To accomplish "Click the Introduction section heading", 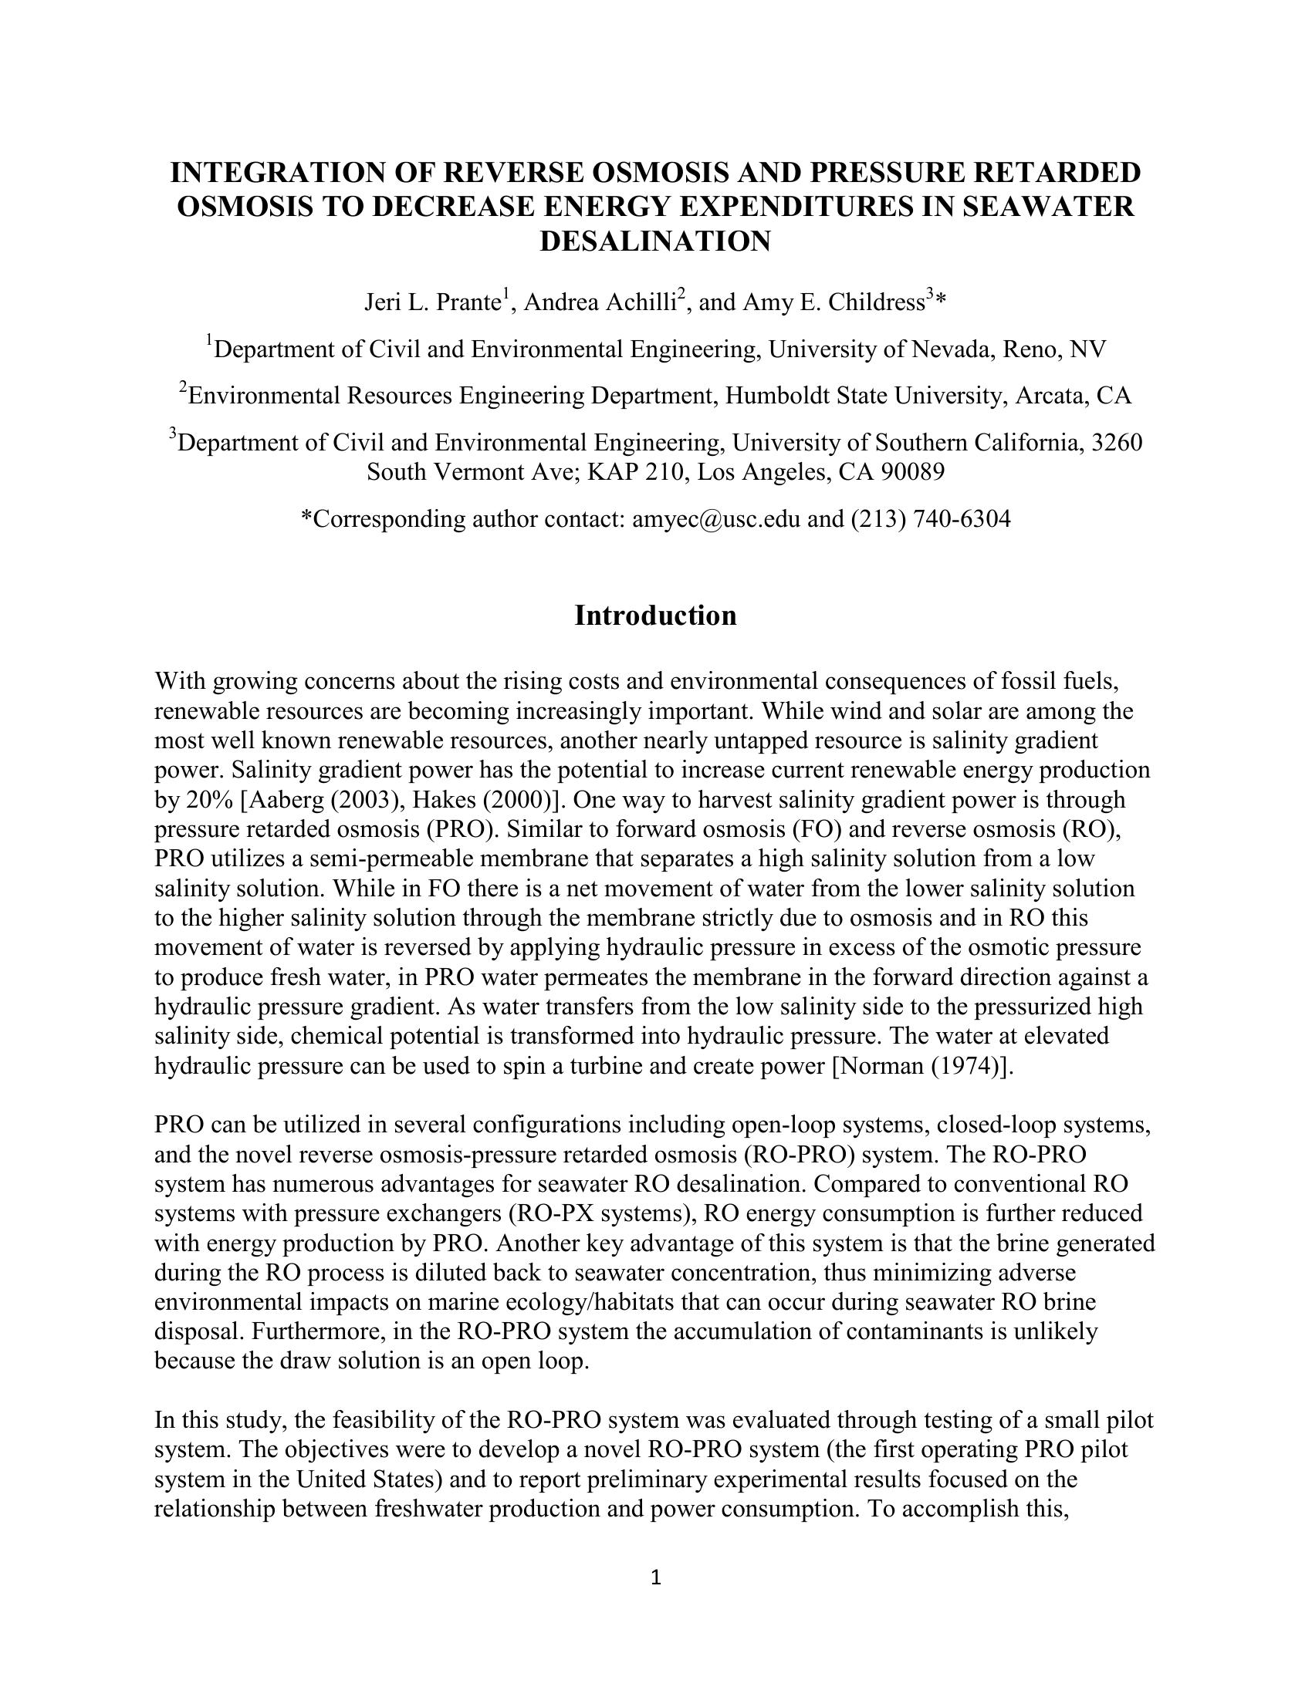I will tap(655, 616).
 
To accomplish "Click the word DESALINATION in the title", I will tap(655, 241).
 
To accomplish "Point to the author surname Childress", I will tap(876, 302).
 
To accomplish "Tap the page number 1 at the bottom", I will tap(655, 1577).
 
